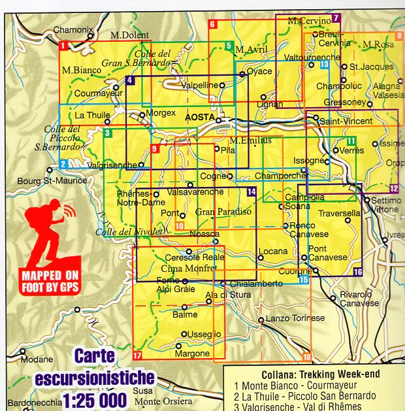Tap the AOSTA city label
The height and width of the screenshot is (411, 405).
click(x=200, y=117)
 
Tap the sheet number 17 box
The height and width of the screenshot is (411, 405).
click(x=137, y=355)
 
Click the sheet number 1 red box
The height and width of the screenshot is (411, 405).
click(x=63, y=46)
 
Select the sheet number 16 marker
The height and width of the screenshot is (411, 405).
click(x=357, y=272)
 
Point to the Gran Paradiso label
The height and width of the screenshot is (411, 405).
click(x=223, y=212)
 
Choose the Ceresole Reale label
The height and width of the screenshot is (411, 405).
click(x=195, y=257)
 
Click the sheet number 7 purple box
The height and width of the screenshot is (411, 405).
click(x=336, y=18)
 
